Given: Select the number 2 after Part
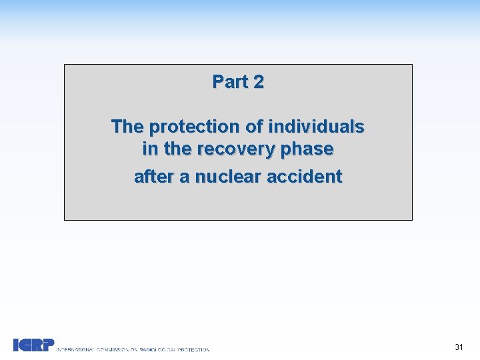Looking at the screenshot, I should tap(258, 82).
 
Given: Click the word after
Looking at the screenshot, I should tap(153, 177).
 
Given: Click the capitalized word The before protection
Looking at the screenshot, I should tap(127, 126).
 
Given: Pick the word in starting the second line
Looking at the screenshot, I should tap(149, 149).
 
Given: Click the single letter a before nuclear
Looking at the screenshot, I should tap(182, 177).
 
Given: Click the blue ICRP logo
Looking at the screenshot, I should tap(33, 345).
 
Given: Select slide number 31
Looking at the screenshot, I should tap(459, 347).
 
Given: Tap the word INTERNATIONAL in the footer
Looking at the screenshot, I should tap(75, 349).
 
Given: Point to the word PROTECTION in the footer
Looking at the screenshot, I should tap(193, 349).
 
